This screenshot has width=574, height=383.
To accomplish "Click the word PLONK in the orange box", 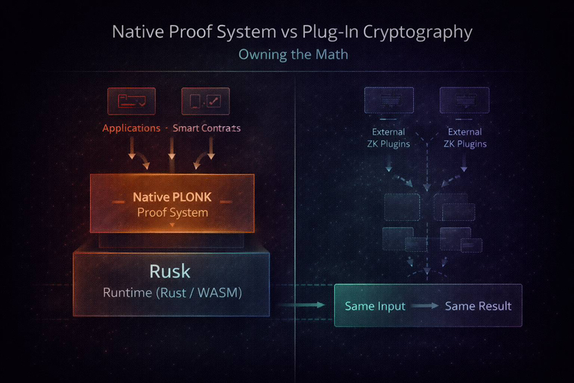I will (191, 197).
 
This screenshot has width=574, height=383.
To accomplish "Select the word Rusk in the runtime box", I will (170, 271).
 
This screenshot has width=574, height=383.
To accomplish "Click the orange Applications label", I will (131, 128).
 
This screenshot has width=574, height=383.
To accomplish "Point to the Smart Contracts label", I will (207, 128).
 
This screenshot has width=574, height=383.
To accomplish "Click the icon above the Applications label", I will (132, 101).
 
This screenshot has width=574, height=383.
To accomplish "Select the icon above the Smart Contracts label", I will (205, 101).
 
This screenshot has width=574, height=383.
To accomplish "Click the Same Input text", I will (375, 306).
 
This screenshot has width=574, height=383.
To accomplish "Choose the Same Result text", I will (478, 306).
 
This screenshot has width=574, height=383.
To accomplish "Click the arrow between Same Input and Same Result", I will (424, 306).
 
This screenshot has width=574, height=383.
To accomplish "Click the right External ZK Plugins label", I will (465, 138).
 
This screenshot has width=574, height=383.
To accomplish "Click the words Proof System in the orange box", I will (172, 213).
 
